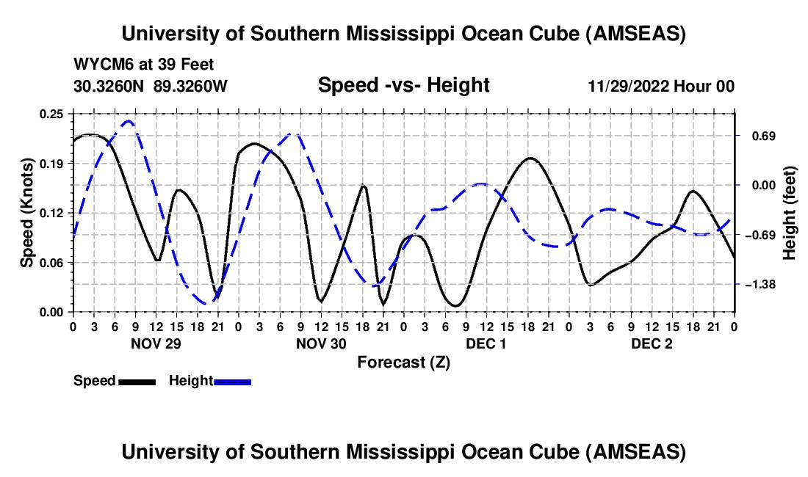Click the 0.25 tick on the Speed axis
tap(53, 114)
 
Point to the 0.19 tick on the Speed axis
tap(53, 163)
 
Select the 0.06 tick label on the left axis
tap(53, 262)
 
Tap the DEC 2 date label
tap(650, 343)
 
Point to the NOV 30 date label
tap(320, 343)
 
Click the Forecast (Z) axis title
tap(403, 362)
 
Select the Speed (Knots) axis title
tap(27, 213)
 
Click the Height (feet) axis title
tap(790, 213)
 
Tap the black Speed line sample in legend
tap(137, 381)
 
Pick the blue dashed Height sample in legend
tap(232, 381)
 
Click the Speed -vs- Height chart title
tap(403, 86)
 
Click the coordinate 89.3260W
tap(191, 86)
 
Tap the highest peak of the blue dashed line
tap(129, 121)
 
